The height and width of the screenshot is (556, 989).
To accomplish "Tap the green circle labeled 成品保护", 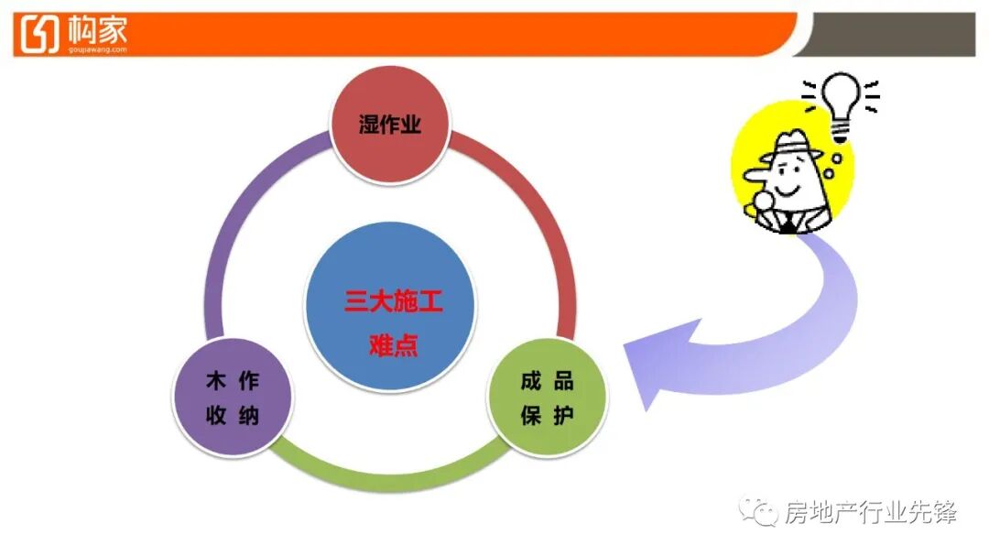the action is point(547,398).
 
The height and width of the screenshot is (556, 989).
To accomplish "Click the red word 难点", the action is point(393,346).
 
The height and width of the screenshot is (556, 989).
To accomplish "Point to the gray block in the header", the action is point(893,34).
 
